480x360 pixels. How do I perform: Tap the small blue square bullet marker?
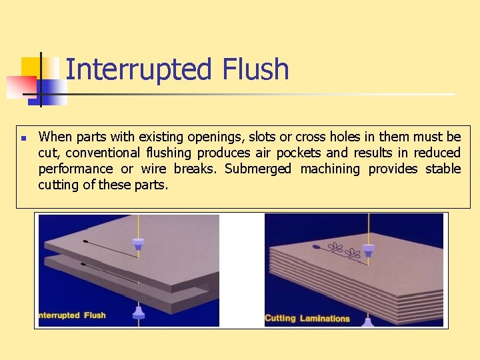23,139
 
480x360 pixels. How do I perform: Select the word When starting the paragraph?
55,137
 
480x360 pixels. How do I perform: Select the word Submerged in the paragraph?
258,169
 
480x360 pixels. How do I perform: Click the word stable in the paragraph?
443,169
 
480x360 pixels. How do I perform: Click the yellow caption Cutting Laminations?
307,318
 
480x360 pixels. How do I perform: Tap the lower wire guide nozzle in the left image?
139,311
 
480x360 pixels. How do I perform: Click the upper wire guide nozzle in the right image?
367,251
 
